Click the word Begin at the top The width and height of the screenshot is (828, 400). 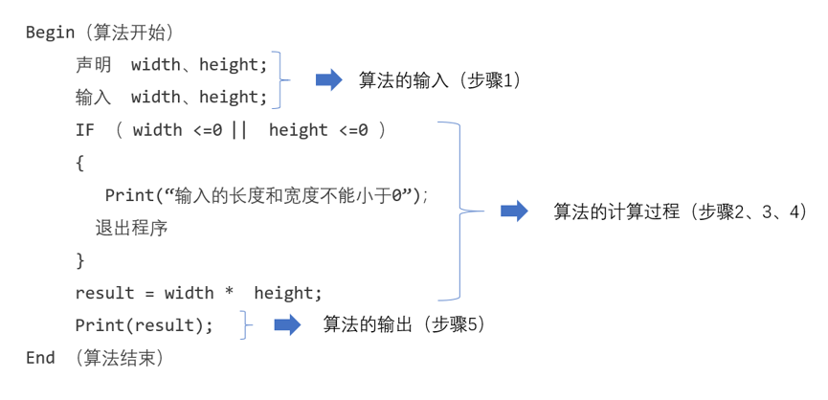click(x=50, y=33)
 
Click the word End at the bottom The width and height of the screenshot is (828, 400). click(x=40, y=358)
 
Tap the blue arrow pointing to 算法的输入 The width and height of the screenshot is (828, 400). click(x=329, y=80)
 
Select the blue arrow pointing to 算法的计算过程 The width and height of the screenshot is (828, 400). click(x=514, y=211)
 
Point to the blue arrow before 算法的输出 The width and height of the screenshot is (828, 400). click(x=287, y=324)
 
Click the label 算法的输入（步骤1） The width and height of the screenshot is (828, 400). click(x=440, y=80)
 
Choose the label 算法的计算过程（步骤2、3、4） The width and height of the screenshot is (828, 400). click(x=681, y=211)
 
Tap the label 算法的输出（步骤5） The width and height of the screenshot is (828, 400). click(x=404, y=324)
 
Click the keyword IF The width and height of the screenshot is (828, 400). click(x=84, y=130)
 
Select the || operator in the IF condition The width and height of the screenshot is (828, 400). click(x=239, y=130)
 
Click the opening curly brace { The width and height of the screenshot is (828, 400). click(x=79, y=163)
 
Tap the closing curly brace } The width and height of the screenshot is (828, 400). click(x=79, y=260)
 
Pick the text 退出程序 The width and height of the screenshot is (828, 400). click(x=131, y=228)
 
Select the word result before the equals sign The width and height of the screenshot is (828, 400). click(x=104, y=293)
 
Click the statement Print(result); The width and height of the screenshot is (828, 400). click(x=145, y=325)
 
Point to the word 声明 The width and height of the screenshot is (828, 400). click(x=94, y=65)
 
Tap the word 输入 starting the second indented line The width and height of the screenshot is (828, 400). click(x=94, y=98)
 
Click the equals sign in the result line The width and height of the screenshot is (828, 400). click(x=149, y=293)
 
